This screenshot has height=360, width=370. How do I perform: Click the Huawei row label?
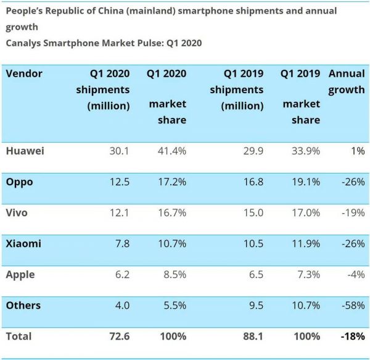click(25, 151)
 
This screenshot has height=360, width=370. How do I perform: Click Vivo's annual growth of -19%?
click(352, 212)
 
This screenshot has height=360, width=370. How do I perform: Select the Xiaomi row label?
click(23, 243)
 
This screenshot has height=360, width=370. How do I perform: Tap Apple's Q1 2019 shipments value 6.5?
click(252, 275)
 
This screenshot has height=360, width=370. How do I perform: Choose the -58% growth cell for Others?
click(351, 306)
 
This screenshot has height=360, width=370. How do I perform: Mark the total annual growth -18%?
click(351, 337)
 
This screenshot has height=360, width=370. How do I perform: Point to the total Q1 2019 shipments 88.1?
click(251, 337)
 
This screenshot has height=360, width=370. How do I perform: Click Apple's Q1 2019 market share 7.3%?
click(306, 275)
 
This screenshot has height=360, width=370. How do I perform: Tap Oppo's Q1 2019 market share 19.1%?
click(305, 182)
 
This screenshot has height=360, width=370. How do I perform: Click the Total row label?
click(18, 337)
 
